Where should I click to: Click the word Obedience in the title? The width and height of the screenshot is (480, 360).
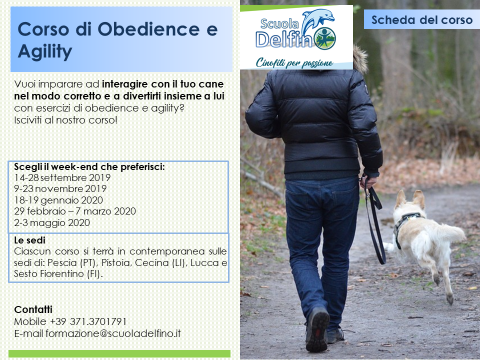[148, 29]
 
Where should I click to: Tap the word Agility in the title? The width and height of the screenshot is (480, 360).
[45, 51]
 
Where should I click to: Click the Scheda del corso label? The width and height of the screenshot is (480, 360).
[422, 20]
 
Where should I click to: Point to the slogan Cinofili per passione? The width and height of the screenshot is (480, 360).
[294, 63]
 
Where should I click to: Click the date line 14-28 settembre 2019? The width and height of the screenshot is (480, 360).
[62, 177]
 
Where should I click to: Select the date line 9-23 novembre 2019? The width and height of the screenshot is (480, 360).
[60, 188]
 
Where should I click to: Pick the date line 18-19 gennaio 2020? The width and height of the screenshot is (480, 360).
[58, 200]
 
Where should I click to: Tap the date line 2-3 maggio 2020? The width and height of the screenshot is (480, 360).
[52, 222]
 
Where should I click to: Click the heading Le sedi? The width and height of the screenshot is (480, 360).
[29, 240]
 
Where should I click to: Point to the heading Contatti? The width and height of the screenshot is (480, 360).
[33, 309]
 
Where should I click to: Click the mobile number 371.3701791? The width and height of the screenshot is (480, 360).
[98, 321]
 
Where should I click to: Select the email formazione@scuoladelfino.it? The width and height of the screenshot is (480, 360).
[113, 333]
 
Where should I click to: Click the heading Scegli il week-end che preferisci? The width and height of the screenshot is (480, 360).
[89, 167]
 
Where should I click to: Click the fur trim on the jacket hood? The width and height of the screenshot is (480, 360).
[360, 59]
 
